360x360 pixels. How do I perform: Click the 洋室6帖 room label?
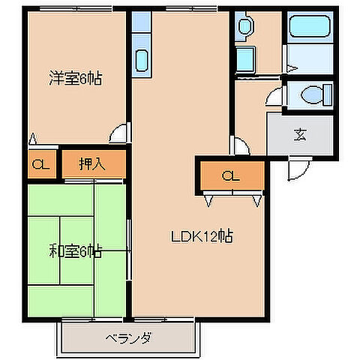pos(76,77)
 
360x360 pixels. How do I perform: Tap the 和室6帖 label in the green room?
pos(76,252)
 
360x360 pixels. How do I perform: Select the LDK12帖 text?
pos(200,237)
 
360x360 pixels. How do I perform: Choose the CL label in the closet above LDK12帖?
pos(231,176)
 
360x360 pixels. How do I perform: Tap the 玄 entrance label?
pos(300,135)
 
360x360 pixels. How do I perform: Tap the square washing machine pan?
pos(245,57)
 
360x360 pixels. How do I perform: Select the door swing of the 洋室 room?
pos(118,135)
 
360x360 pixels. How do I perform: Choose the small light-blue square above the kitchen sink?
pos(142,22)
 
